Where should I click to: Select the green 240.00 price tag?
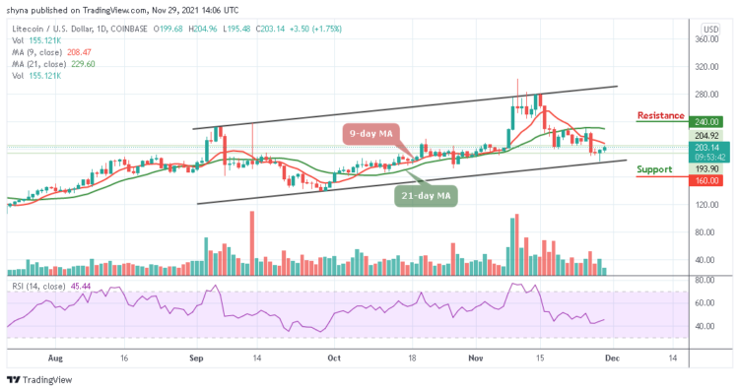tap(700, 116)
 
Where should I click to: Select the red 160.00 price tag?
tap(700, 180)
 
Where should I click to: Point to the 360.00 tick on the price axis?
tap(704, 40)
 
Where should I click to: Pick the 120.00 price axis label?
tap(704, 205)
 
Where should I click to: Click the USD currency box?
tap(709, 29)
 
